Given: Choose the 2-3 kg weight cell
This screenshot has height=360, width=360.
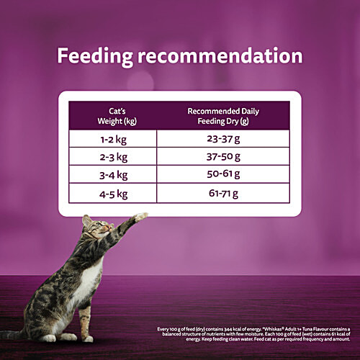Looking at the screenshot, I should [x=114, y=157].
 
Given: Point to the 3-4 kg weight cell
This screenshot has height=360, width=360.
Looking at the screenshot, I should [x=114, y=175].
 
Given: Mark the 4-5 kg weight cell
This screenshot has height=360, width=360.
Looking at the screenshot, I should [x=114, y=193].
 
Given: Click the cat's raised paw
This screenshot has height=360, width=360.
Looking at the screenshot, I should [x=141, y=216].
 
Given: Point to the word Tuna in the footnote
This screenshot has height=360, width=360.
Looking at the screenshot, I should [x=311, y=328].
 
